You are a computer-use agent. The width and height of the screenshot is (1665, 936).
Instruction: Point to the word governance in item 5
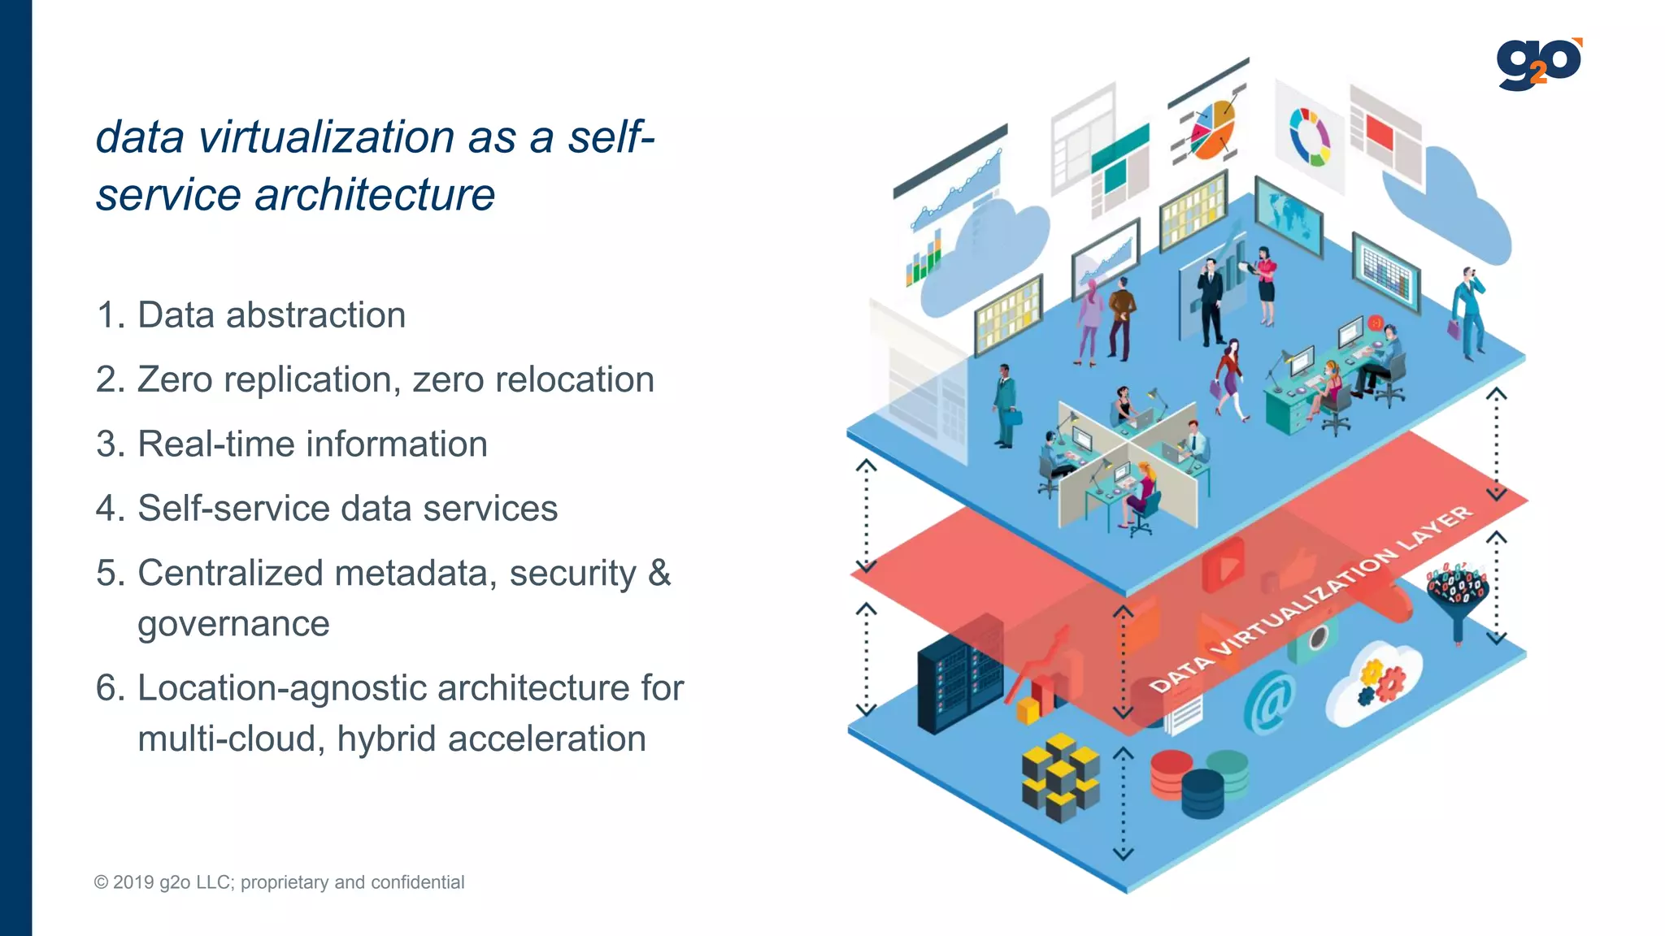pyautogui.click(x=233, y=624)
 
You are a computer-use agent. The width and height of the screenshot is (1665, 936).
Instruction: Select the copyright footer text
pyautogui.click(x=279, y=882)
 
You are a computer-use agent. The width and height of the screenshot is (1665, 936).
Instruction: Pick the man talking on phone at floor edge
pyautogui.click(x=1468, y=313)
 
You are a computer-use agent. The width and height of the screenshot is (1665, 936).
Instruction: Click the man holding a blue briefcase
pyautogui.click(x=1006, y=406)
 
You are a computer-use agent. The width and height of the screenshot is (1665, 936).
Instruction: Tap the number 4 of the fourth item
pyautogui.click(x=107, y=509)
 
